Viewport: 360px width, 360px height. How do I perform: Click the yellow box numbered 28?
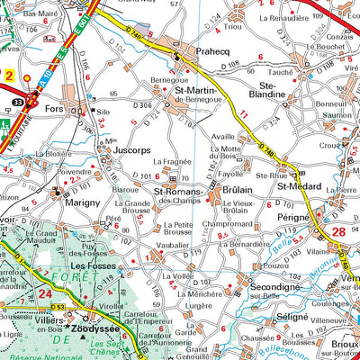tap(338, 234)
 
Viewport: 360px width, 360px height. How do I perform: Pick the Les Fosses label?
tap(91, 267)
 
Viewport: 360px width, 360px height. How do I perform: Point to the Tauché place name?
tap(256, 71)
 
